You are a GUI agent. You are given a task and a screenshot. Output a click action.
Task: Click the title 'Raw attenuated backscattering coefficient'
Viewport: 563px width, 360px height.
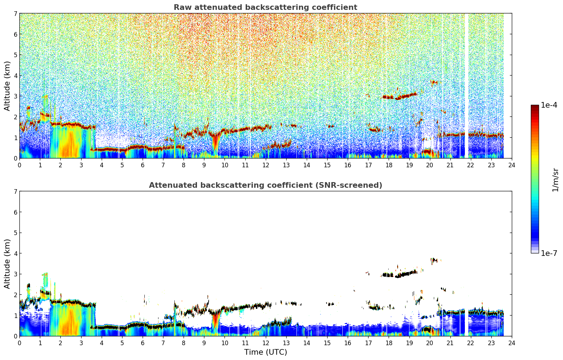click(x=265, y=7)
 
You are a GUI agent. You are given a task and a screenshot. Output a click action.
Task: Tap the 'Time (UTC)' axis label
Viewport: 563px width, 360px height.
click(x=265, y=352)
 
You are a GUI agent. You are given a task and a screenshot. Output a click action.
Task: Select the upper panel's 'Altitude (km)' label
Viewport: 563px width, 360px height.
click(x=7, y=86)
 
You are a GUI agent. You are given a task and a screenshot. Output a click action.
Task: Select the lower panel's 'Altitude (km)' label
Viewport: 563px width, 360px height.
click(x=7, y=264)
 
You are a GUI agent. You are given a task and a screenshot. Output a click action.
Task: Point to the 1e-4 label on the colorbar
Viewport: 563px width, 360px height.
click(x=549, y=105)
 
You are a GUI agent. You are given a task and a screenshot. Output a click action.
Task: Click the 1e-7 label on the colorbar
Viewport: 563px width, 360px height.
click(x=549, y=253)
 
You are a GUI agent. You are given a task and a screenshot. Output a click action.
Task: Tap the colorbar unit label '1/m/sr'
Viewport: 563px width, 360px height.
click(x=555, y=180)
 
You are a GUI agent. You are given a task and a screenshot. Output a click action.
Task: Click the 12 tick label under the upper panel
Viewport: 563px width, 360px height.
click(x=266, y=165)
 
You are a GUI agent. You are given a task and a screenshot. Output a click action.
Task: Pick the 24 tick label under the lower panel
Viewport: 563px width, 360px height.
click(x=512, y=343)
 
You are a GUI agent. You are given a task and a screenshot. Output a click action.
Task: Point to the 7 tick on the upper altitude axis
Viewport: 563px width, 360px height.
click(x=15, y=13)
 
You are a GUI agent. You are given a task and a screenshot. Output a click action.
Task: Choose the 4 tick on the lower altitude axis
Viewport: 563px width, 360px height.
click(x=15, y=253)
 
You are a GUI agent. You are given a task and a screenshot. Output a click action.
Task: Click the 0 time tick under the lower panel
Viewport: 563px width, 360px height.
click(x=20, y=343)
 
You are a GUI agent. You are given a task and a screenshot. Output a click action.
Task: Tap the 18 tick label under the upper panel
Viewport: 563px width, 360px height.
click(x=389, y=165)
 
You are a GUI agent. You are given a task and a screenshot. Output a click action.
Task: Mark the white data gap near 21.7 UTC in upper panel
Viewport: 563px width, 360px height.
click(x=467, y=86)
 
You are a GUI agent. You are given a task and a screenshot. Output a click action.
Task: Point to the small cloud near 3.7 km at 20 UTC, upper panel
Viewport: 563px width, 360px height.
click(x=434, y=82)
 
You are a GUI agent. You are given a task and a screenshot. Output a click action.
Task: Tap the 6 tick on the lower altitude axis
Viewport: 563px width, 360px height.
click(x=15, y=212)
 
